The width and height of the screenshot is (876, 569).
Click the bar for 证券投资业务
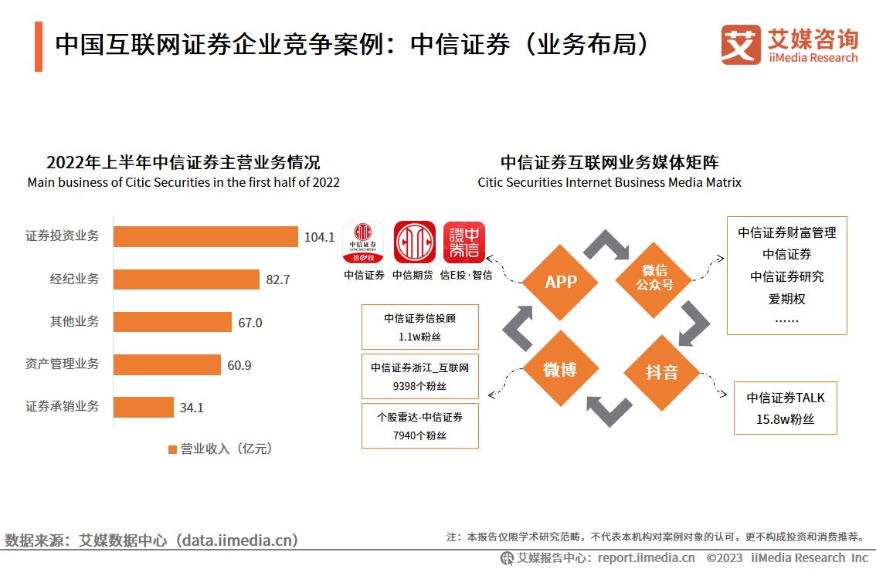coord(205,236)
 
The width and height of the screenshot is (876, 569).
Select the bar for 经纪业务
coord(186,279)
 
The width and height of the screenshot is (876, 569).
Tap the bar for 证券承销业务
coord(144,407)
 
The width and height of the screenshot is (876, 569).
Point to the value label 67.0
coord(250,323)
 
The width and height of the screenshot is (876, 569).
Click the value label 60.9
coord(239,365)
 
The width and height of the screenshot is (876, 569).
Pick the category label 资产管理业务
coord(63,364)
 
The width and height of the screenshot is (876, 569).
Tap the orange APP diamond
coord(561,282)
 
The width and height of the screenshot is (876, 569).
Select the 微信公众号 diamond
coord(654,277)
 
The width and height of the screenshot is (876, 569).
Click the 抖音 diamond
coord(661,372)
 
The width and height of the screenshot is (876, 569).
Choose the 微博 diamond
coord(560,370)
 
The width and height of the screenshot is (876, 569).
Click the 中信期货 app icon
coord(415,242)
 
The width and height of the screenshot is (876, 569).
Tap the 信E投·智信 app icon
coord(464,242)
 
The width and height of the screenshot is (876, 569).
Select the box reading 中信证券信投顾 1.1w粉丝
coord(419,327)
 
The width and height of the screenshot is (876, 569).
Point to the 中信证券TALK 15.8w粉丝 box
coord(786,408)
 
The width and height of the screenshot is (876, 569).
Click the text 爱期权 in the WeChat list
coord(786,298)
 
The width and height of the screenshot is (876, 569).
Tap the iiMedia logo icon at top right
coord(741,45)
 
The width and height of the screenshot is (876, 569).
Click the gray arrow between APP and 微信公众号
coord(607,245)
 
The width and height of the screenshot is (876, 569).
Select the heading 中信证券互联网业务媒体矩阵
coord(609,163)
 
